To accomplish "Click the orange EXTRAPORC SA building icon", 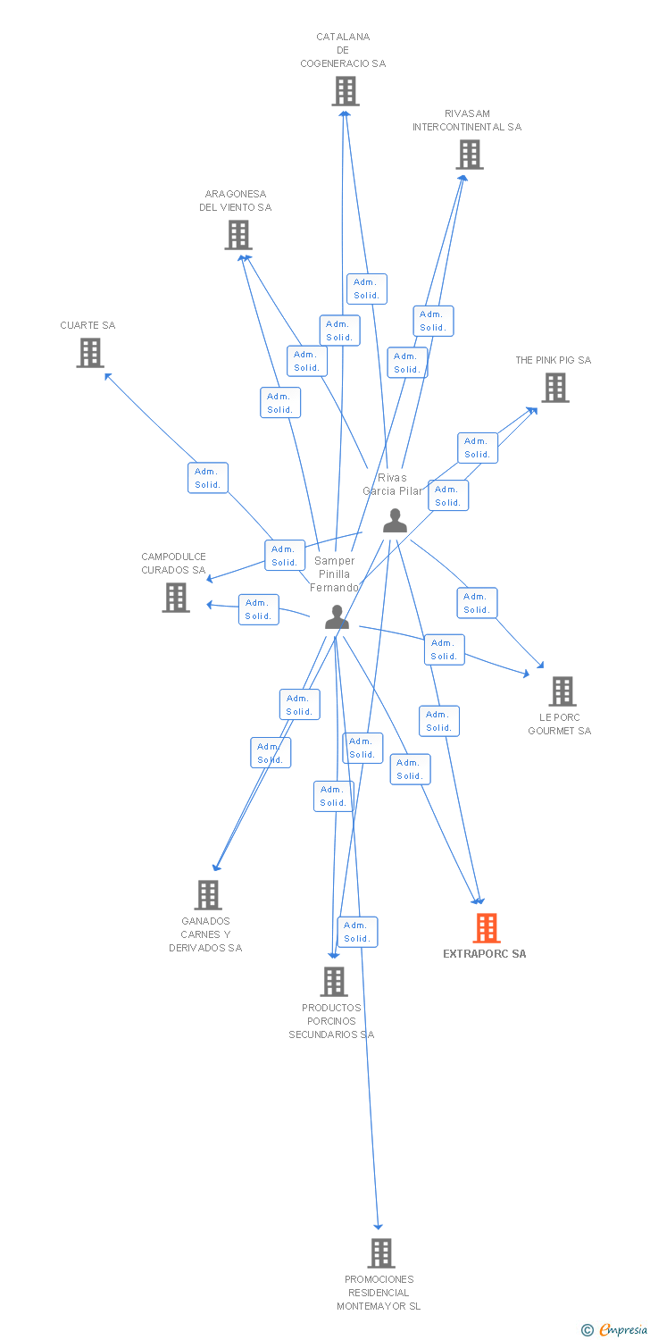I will click(487, 928).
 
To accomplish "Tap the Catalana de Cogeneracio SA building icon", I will click(346, 91).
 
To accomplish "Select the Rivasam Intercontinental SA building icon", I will click(469, 155).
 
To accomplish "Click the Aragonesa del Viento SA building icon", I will click(238, 235).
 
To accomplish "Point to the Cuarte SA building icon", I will click(90, 353).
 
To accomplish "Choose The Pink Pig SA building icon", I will click(555, 388).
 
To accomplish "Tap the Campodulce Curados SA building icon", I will click(176, 598).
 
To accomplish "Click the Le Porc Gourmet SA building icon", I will click(562, 691).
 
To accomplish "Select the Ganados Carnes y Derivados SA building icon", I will click(208, 895).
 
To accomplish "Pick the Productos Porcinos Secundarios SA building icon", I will click(334, 982).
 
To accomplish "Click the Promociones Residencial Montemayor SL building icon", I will click(381, 1253).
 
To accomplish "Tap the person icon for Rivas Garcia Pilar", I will click(395, 521).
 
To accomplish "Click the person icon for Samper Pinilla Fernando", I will click(337, 617).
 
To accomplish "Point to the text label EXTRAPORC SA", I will click(485, 954).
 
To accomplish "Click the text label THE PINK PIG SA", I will click(553, 361).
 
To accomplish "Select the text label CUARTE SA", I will click(87, 326).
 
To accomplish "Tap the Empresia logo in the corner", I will click(615, 1330).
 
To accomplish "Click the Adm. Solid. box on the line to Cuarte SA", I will click(208, 478).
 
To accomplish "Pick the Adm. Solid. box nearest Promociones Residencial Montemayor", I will click(357, 932).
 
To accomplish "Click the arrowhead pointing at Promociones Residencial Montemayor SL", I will click(379, 1227).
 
